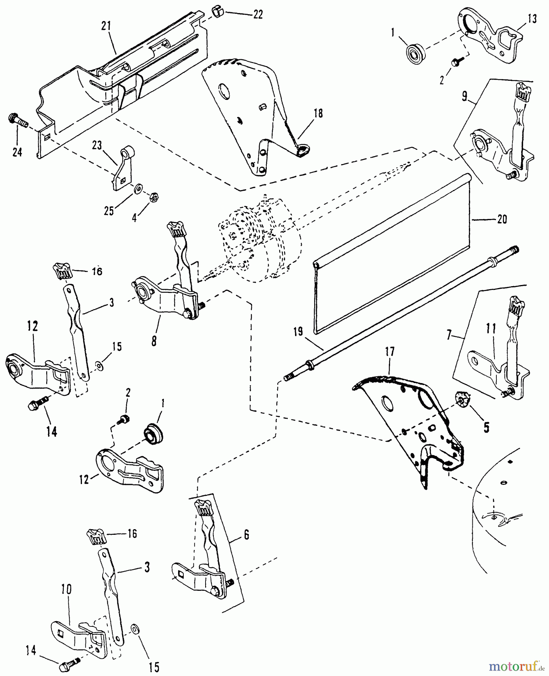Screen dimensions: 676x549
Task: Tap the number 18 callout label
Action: click(318, 113)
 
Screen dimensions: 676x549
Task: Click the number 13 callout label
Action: click(532, 19)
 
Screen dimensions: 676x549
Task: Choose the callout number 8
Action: click(154, 342)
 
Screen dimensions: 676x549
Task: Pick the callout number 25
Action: click(109, 211)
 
